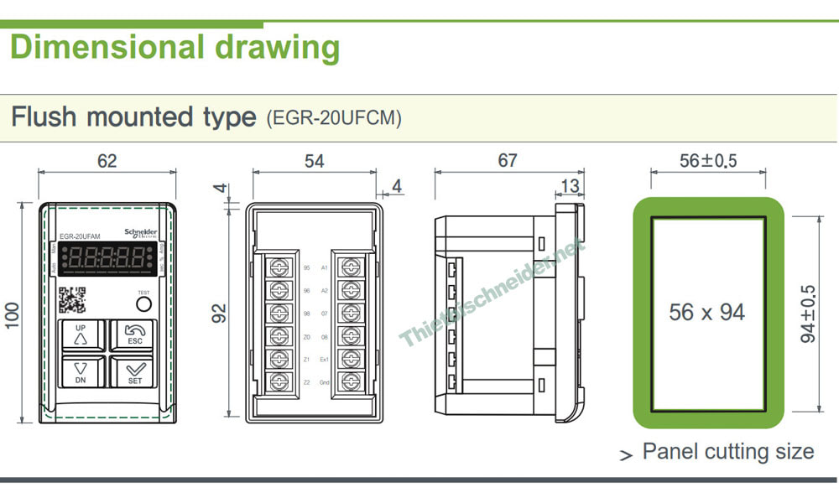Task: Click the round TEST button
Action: [143, 303]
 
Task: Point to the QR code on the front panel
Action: [72, 300]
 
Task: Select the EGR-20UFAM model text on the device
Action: [81, 237]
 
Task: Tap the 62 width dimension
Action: [107, 160]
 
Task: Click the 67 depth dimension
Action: [508, 160]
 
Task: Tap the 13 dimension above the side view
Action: [568, 185]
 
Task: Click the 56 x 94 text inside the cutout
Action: [707, 313]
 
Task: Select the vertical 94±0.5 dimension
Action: [808, 314]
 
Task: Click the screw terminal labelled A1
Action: [348, 268]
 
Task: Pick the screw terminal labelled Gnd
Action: [348, 381]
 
